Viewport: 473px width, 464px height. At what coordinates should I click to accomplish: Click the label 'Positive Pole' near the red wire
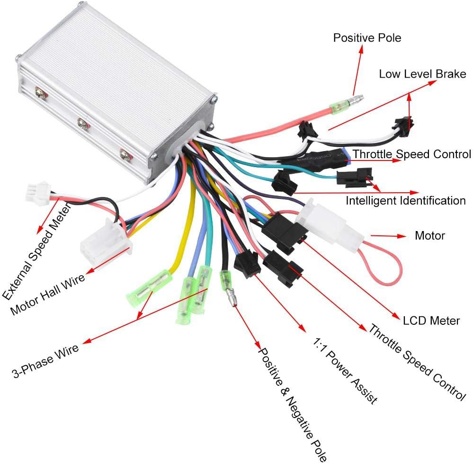click(x=367, y=37)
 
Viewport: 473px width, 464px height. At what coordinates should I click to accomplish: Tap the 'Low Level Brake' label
click(x=422, y=74)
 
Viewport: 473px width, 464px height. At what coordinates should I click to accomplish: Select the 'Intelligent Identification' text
click(x=405, y=200)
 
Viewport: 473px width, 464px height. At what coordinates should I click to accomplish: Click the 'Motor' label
click(x=429, y=235)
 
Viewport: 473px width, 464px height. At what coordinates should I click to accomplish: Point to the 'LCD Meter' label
click(x=431, y=321)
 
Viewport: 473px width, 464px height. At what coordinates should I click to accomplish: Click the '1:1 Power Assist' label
click(x=345, y=369)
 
